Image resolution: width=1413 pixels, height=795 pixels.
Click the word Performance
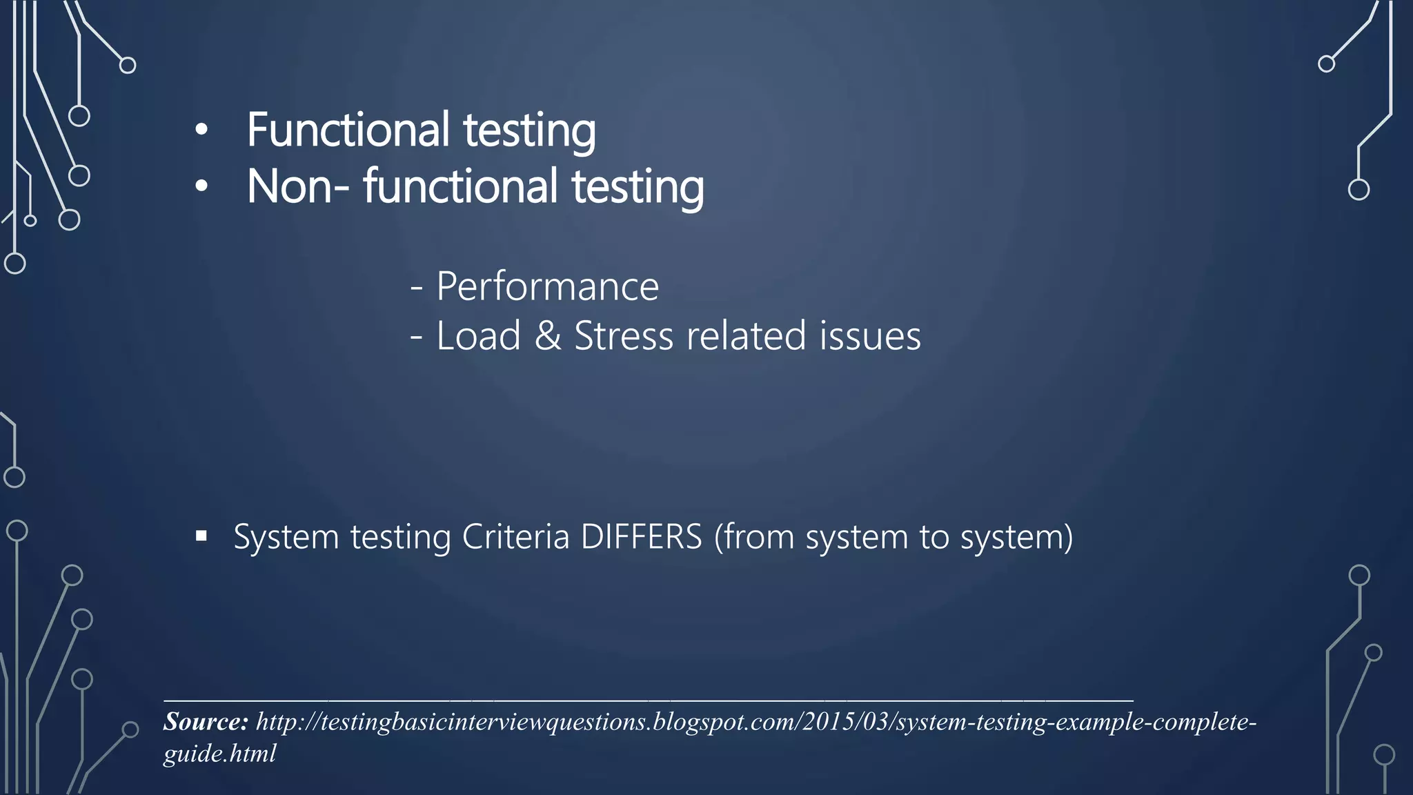[548, 286]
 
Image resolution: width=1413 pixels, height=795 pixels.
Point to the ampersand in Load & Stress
[548, 336]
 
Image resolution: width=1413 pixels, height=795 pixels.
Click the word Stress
[624, 336]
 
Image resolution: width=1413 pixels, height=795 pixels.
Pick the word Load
[478, 336]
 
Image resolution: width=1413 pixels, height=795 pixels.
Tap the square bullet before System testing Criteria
[201, 536]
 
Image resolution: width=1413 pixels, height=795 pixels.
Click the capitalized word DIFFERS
[641, 537]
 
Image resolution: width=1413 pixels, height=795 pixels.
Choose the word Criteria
[515, 537]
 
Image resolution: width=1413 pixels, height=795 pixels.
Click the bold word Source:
[206, 722]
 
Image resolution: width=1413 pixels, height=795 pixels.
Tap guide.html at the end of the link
[219, 754]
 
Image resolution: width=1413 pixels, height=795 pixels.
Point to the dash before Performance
[416, 287]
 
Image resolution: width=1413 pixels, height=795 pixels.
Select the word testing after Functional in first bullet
[529, 131]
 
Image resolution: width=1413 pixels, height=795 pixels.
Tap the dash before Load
[416, 337]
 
